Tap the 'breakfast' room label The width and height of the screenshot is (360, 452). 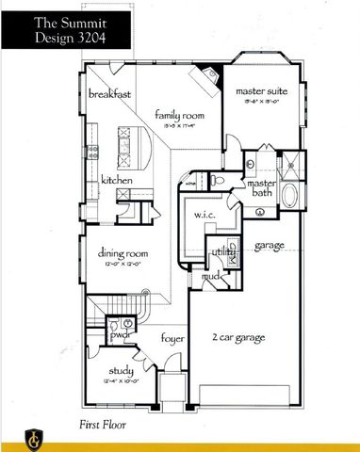[110, 95]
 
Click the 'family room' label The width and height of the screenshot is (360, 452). [179, 114]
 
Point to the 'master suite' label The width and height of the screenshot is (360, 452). [262, 91]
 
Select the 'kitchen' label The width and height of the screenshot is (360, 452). [110, 180]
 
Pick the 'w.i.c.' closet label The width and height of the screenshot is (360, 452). [206, 216]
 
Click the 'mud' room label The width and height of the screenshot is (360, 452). [213, 277]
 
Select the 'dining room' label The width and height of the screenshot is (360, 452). [123, 252]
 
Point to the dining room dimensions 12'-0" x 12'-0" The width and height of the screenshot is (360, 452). [123, 265]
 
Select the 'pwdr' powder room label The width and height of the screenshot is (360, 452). [120, 334]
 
